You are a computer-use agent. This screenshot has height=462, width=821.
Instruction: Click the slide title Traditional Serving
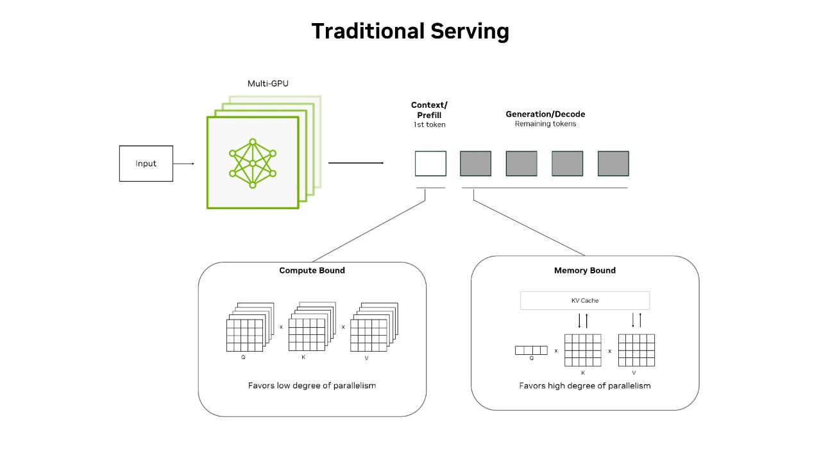(410, 31)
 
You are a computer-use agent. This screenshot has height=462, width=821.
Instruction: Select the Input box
(146, 164)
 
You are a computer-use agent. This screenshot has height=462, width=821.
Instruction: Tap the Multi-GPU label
(268, 83)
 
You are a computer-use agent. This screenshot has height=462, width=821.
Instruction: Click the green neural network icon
(253, 163)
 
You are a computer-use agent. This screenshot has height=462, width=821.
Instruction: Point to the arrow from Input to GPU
(183, 164)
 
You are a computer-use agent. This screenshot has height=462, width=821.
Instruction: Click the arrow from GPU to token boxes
(356, 163)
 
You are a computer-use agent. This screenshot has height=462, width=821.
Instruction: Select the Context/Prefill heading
(429, 110)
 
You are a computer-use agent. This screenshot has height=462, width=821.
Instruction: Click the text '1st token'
(429, 124)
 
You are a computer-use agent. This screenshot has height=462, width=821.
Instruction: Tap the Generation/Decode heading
(545, 114)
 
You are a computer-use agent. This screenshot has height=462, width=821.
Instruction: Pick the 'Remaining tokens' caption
(545, 124)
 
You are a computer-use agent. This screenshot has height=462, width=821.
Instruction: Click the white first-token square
(430, 164)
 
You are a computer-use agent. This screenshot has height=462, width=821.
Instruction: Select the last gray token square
(613, 164)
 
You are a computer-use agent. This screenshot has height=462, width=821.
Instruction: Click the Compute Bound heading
(312, 270)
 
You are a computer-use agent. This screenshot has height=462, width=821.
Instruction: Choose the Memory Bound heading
(584, 270)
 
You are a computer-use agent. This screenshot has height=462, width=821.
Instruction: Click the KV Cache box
(584, 300)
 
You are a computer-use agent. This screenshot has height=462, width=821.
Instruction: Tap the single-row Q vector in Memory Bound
(531, 350)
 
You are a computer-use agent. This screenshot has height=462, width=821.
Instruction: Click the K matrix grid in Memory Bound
(582, 350)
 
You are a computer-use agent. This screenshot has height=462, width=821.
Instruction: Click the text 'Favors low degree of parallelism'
(312, 386)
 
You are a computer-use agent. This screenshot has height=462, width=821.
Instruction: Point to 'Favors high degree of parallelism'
(584, 386)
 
